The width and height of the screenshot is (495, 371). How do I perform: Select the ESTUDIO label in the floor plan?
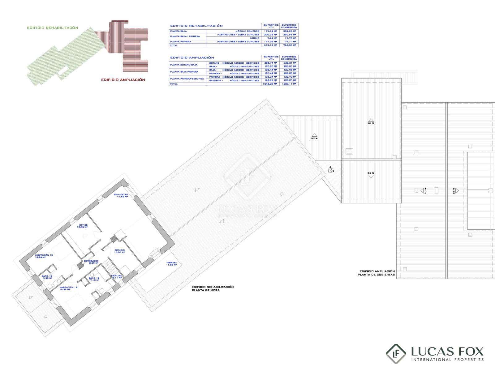[x=119, y=251]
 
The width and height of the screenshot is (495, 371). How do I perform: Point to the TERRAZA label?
[x=171, y=263]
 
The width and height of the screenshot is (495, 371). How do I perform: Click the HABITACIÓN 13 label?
[x=44, y=256]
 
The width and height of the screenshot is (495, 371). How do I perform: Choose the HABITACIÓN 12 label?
[x=68, y=288]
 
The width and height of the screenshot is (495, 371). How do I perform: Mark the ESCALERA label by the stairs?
[x=117, y=276]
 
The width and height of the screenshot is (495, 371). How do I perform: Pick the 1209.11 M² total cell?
[x=289, y=84]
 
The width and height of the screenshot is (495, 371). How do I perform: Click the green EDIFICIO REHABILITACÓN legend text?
[x=53, y=28]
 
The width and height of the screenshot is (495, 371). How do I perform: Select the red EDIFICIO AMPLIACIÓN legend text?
[x=123, y=80]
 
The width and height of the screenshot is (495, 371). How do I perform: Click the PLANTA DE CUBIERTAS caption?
[x=376, y=275]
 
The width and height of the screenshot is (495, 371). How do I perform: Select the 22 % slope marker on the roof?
[x=331, y=169]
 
